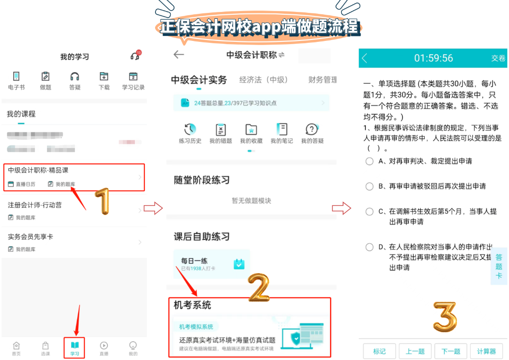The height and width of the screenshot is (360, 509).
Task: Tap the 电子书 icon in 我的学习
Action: (x=17, y=76)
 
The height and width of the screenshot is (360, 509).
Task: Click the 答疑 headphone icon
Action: (x=75, y=76)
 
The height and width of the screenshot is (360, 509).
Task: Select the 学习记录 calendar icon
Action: (x=133, y=76)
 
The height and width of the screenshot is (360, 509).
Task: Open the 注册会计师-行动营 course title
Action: (x=35, y=205)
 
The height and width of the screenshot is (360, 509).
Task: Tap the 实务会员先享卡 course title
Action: (x=30, y=237)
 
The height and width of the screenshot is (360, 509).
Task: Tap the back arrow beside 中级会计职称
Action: (x=179, y=55)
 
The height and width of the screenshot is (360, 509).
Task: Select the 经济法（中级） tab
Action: (x=264, y=80)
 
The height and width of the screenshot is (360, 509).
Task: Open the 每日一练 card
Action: (x=212, y=264)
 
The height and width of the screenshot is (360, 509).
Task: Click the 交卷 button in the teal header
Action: (x=498, y=58)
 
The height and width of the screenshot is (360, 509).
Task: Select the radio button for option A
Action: (x=369, y=161)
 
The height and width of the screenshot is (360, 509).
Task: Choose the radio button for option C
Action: (x=369, y=211)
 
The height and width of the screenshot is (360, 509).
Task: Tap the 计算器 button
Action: (x=486, y=351)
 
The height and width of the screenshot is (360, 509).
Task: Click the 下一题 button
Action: (x=451, y=351)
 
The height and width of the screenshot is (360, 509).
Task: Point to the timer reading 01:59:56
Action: (x=434, y=58)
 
